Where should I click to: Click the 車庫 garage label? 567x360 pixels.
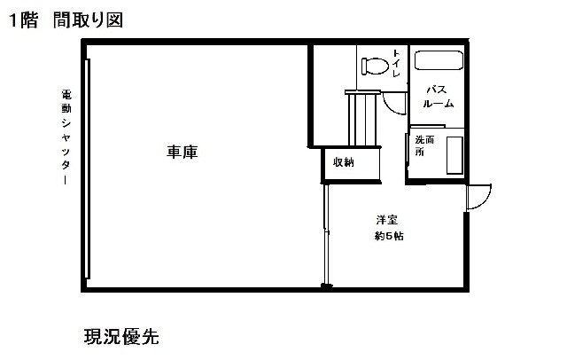coord(183,152)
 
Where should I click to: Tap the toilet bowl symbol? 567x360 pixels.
coord(376,67)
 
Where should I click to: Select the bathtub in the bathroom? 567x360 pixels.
coord(439,60)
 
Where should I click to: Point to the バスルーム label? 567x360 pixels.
coord(439,97)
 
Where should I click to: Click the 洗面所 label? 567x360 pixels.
coord(423,145)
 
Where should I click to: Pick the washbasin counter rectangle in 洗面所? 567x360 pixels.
coord(454,155)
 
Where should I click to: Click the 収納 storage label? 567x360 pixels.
coord(343,162)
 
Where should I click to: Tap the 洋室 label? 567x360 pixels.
coord(387,220)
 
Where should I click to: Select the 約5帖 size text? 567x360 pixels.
coord(389,236)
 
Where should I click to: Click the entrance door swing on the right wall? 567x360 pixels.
coord(478,197)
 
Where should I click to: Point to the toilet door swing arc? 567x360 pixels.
coord(394,103)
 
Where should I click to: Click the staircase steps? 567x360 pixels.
coord(362,118)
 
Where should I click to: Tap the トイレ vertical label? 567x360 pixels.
coord(396,64)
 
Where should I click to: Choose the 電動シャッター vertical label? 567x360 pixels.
coord(66,137)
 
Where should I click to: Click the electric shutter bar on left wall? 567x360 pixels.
coord(87,169)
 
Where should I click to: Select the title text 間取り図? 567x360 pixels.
coord(88,20)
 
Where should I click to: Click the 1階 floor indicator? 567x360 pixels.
coord(23,20)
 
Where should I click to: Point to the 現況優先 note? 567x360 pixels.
coord(121,336)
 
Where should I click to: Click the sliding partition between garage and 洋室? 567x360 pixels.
coord(326,234)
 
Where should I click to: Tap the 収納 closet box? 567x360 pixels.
coord(351,165)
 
